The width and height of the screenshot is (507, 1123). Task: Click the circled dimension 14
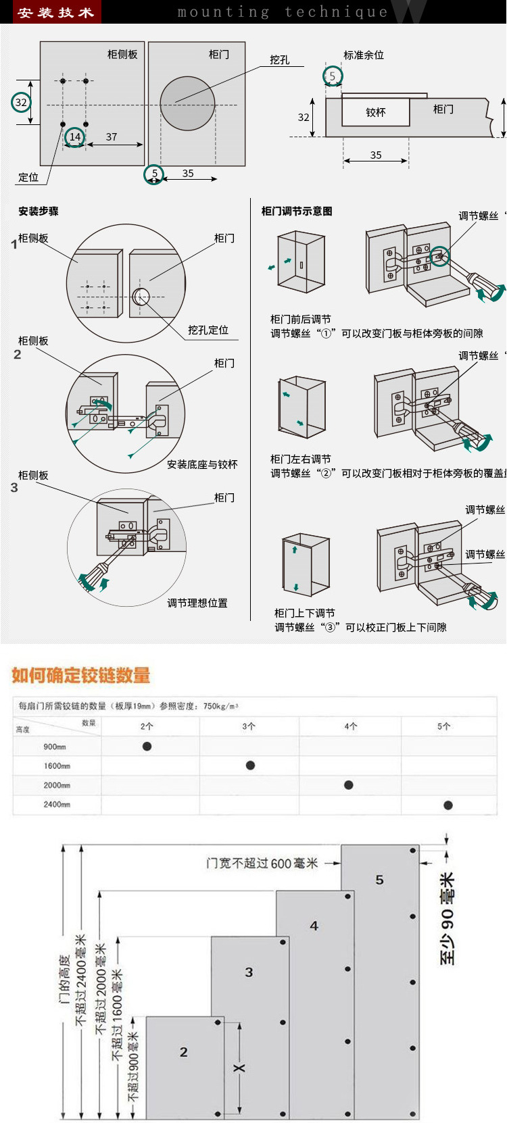pos(75,137)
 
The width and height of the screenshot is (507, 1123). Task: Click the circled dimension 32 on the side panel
pos(22,103)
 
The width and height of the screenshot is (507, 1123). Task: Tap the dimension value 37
pos(112,137)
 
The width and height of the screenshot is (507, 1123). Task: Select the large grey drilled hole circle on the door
pos(187,103)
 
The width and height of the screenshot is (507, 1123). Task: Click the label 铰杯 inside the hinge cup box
pos(375,112)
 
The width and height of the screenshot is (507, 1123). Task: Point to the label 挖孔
pos(279,59)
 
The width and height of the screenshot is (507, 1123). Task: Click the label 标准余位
pos(364,55)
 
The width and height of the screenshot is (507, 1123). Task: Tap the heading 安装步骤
pos(39,211)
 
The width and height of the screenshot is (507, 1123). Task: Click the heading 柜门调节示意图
pos(297,211)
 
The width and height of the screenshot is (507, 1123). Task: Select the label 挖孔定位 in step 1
pos(208,330)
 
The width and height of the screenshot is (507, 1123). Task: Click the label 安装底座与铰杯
pos(202,464)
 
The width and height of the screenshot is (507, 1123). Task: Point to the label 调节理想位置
pos(197,603)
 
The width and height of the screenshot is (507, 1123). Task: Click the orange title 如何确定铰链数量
pos(81,675)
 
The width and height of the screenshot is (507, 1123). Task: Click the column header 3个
pos(249,726)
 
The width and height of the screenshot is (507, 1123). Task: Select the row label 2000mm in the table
pos(57,785)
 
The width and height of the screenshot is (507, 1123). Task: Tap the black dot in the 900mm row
pos(147,747)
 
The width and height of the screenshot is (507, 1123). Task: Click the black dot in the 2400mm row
pos(448,805)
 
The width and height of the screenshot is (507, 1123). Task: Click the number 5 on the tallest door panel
pos(379,880)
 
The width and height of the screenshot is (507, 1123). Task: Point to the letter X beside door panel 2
pos(239,1068)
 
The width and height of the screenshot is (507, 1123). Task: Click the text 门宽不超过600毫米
pos(262,864)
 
